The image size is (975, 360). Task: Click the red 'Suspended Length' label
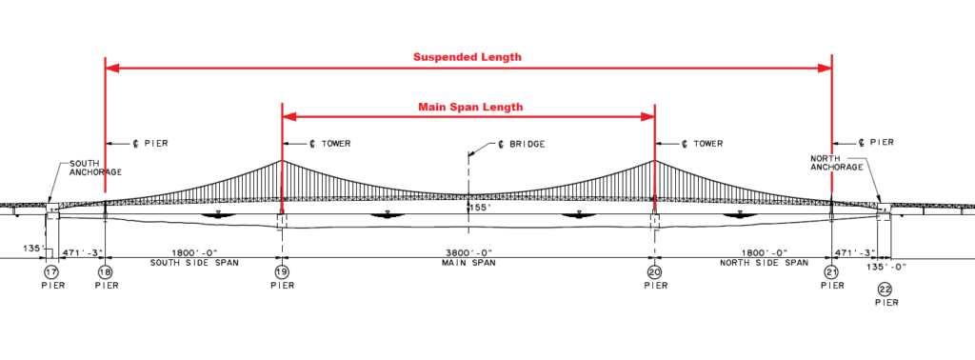[x=467, y=56]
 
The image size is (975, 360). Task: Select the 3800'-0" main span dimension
[x=468, y=252]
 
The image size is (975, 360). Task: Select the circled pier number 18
[x=105, y=271]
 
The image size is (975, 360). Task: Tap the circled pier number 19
[x=282, y=271]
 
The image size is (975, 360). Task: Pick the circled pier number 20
[x=654, y=271]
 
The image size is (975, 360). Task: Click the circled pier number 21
[x=831, y=271]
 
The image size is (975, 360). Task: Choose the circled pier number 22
[x=885, y=289]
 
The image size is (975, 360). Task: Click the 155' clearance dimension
[x=479, y=206]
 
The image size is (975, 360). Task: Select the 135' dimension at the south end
[x=31, y=251]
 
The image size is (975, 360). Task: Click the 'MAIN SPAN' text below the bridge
[x=468, y=262]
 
